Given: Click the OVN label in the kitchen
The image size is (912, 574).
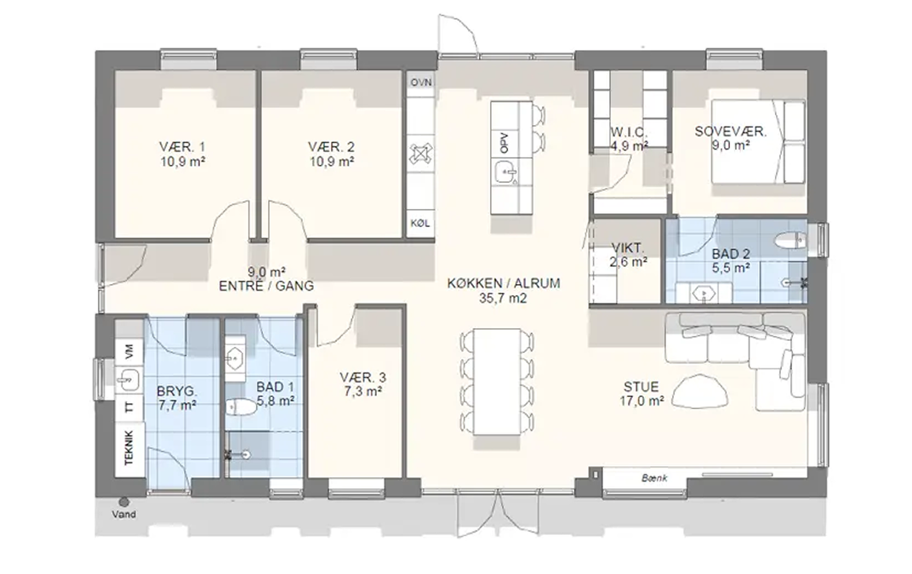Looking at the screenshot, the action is coord(421,82).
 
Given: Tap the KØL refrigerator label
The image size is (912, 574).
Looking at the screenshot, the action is coord(420,224).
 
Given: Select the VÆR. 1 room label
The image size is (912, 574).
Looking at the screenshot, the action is coord(182,146).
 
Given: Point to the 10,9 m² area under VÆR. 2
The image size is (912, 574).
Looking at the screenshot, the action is coord(332,162).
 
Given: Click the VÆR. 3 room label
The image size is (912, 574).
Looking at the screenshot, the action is coord(363,378).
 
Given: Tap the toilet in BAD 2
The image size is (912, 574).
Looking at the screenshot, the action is coord(789,239).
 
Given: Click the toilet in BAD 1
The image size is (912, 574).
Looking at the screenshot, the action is coord(241,406).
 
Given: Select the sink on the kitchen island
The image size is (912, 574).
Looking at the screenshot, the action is coord(506,172).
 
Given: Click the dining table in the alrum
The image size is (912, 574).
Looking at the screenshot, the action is coord(497,382).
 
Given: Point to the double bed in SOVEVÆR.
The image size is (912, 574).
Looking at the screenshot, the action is coord(759,140).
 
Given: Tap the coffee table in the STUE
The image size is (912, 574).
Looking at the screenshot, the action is coord(699,392).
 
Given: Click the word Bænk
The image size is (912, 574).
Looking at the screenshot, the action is coord(654,478).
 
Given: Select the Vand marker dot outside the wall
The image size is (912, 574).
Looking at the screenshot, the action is coord(123,502).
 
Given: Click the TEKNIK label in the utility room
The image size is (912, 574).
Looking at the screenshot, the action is coord(129,447).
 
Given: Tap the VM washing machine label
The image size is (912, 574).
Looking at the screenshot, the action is coord(129,351).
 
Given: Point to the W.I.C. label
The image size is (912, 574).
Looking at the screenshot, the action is coord(629,132).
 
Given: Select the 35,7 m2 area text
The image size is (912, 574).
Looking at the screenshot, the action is coord(503,298).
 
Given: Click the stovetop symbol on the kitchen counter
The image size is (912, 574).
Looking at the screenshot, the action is coord(420,154).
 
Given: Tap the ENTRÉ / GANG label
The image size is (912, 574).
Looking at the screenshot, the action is coord(266,286).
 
